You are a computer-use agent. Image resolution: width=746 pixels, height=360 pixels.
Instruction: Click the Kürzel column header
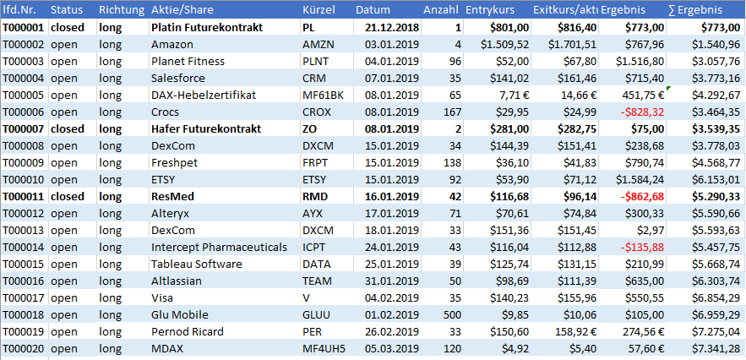click(319, 10)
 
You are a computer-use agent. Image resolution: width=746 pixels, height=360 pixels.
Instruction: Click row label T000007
click(23, 128)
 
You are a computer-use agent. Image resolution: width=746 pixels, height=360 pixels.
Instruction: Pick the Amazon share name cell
click(172, 44)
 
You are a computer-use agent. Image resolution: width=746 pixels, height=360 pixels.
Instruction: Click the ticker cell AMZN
click(319, 44)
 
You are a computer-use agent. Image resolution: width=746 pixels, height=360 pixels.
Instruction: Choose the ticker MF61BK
click(324, 95)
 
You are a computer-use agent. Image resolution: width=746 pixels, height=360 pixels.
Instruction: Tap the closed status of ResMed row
click(68, 196)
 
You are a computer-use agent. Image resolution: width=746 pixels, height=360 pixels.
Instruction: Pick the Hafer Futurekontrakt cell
click(206, 128)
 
